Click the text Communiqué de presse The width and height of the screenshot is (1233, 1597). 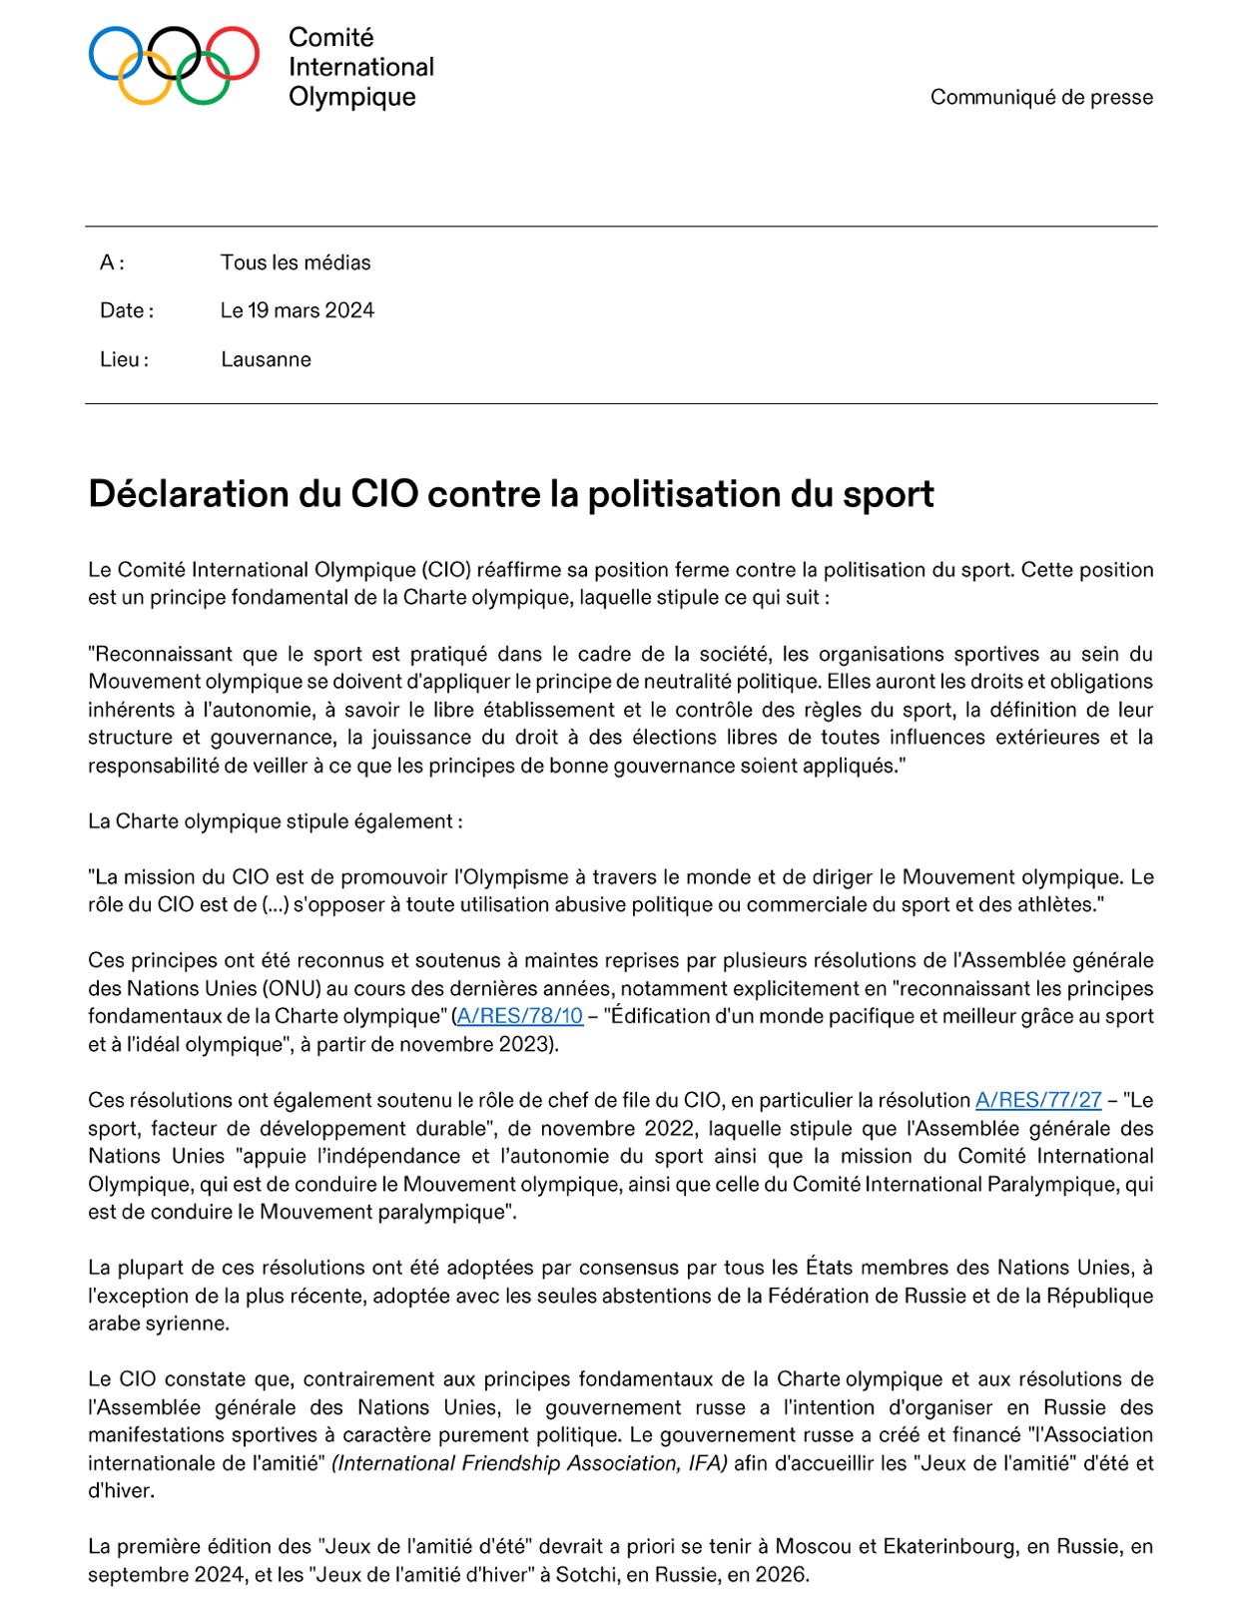(1041, 97)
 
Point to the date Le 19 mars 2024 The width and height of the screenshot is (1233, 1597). (297, 310)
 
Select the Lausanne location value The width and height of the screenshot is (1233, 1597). (266, 359)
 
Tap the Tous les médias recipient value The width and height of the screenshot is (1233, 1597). (295, 263)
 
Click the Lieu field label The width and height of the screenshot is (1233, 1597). (123, 359)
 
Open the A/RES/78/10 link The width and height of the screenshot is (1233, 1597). (519, 1016)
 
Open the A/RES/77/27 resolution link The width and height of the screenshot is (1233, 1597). (1038, 1100)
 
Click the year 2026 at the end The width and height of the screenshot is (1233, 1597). (784, 1575)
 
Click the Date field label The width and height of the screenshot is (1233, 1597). (126, 310)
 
